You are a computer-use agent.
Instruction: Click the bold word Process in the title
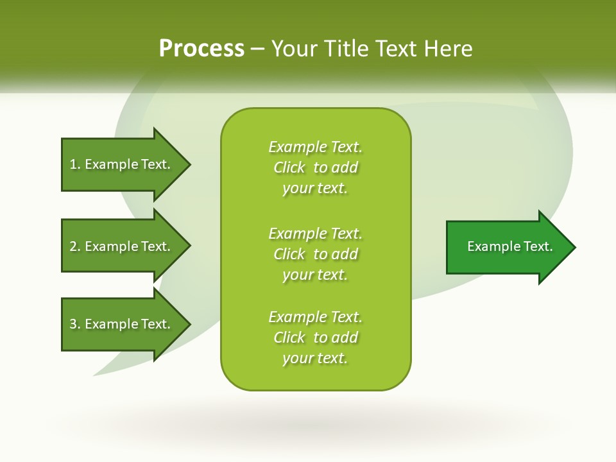click(x=201, y=49)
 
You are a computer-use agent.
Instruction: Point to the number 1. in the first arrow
click(x=75, y=164)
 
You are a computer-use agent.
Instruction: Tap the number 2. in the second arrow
click(x=75, y=246)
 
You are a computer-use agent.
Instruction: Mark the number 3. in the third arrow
click(x=75, y=324)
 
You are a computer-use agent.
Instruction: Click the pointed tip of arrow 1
click(x=187, y=164)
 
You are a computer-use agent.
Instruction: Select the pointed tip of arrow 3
click(x=187, y=324)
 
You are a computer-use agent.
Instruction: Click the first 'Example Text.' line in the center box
click(x=315, y=147)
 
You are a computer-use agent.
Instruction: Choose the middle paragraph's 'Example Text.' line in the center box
click(x=315, y=233)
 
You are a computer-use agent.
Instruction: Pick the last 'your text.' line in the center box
click(x=315, y=358)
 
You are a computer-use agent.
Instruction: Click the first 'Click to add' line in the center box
click(x=315, y=167)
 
